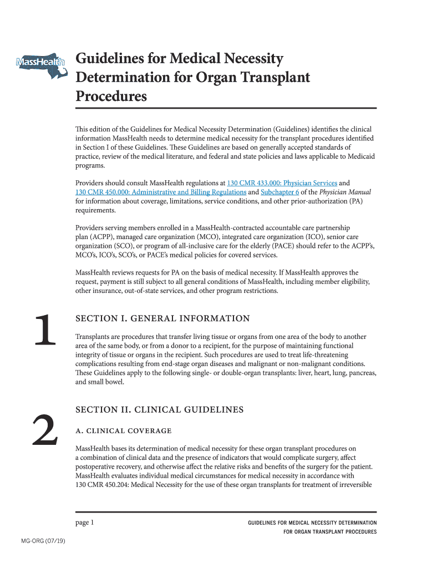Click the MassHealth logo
40,62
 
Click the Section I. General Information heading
162,318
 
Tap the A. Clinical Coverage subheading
123,431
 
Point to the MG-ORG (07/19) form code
43,541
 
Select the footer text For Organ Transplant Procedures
330,532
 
